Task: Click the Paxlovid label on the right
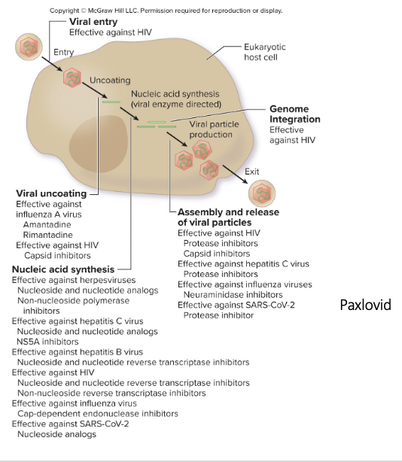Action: (365, 305)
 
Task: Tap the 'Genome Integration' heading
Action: (294, 114)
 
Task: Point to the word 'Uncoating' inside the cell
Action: (110, 80)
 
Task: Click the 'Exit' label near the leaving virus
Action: (251, 172)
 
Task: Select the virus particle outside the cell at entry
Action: (29, 46)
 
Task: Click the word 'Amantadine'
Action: (49, 224)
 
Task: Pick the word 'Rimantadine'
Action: (48, 234)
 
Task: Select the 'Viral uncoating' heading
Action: (51, 194)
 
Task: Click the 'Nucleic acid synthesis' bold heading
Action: (62, 269)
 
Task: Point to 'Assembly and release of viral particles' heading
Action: (227, 217)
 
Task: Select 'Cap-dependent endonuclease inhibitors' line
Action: (97, 413)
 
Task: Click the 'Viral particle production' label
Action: (211, 129)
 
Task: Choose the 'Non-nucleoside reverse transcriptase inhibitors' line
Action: (111, 392)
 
